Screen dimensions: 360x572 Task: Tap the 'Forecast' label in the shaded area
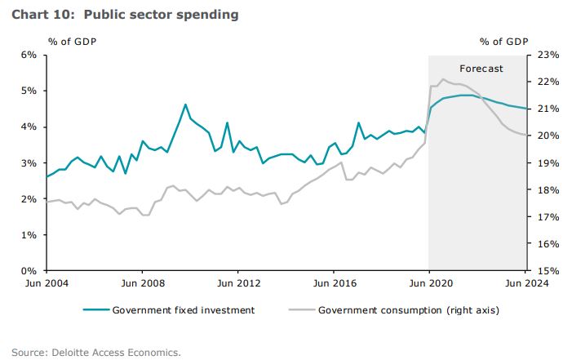coord(481,69)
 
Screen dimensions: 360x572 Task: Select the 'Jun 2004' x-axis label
coord(46,283)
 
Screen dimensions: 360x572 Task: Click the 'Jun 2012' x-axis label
coord(237,283)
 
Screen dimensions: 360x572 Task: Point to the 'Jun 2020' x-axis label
coord(428,283)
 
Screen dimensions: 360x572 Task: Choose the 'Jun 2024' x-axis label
coord(525,283)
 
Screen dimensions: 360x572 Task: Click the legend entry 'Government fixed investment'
coord(184,310)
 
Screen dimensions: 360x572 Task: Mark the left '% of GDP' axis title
coord(73,41)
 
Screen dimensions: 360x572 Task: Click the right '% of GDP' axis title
coord(503,41)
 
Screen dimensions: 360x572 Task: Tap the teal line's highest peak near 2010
coord(185,104)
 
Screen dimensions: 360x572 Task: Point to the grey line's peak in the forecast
coord(442,79)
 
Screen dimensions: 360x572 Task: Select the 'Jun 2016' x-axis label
coord(333,283)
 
